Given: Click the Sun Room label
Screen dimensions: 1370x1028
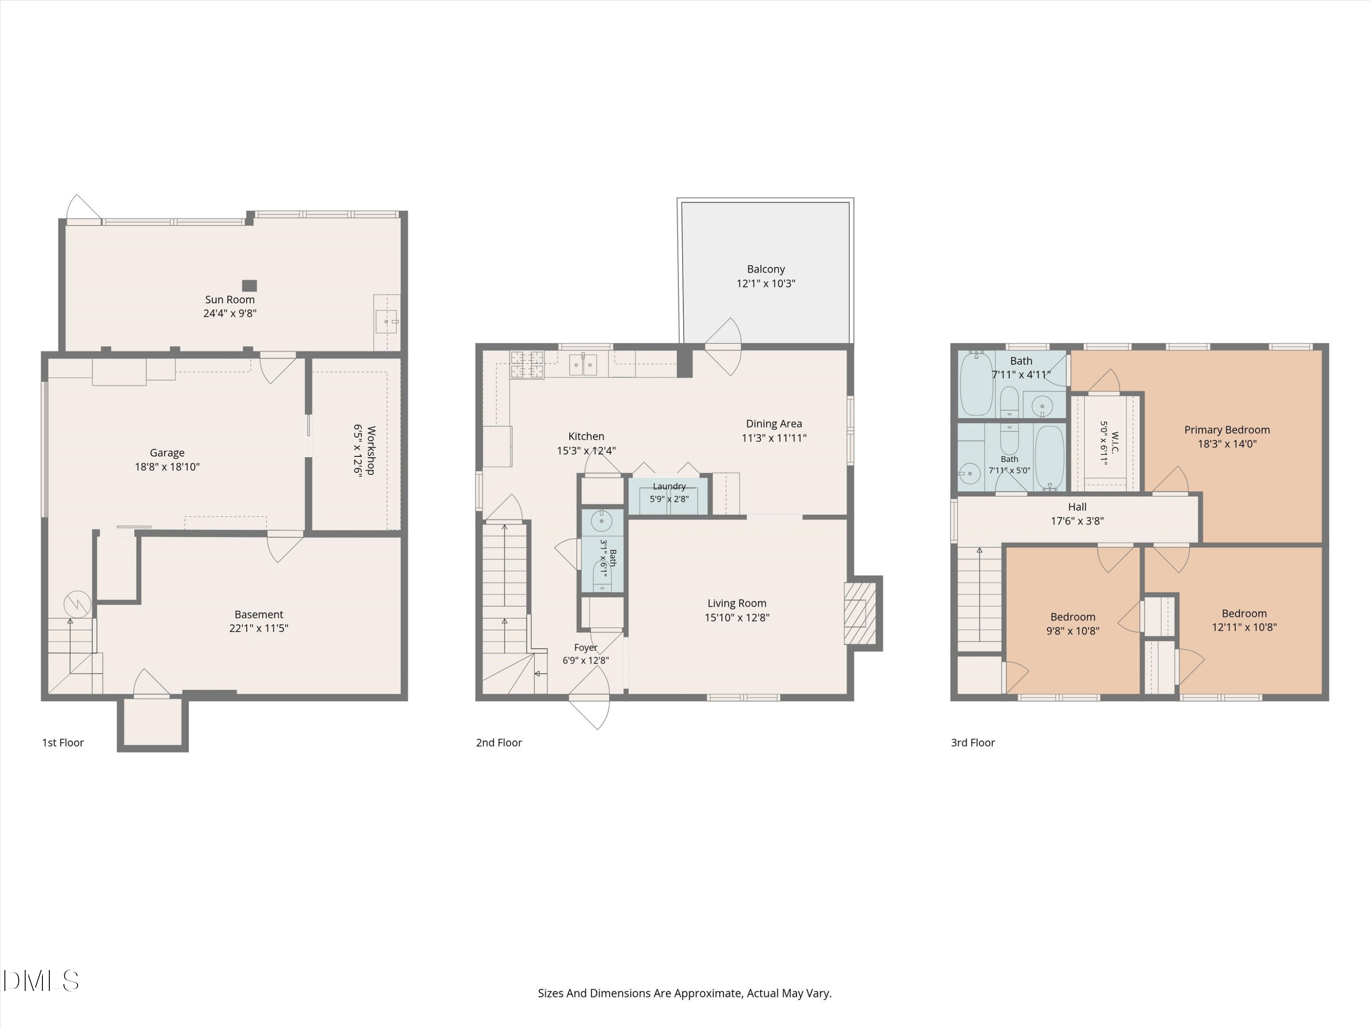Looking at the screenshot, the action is (230, 299).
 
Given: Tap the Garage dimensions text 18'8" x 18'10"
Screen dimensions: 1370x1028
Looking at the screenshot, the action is (167, 466).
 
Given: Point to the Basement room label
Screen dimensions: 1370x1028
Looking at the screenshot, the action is (259, 614).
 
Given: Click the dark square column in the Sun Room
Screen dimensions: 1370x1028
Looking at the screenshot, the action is (249, 286).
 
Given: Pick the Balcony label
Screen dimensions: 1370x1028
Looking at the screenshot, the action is (765, 270).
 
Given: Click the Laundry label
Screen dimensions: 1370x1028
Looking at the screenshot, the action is (669, 487).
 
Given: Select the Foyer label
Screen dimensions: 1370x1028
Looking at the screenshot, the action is (585, 647).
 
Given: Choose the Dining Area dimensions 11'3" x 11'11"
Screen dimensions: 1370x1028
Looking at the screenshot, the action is (774, 438).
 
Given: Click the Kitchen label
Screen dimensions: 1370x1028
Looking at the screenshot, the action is (586, 436).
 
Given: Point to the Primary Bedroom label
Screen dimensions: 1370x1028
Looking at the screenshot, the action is (1227, 430).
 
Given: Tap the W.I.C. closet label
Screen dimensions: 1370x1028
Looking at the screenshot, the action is (1115, 442).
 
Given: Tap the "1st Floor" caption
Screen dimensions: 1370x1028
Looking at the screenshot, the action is (63, 742).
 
